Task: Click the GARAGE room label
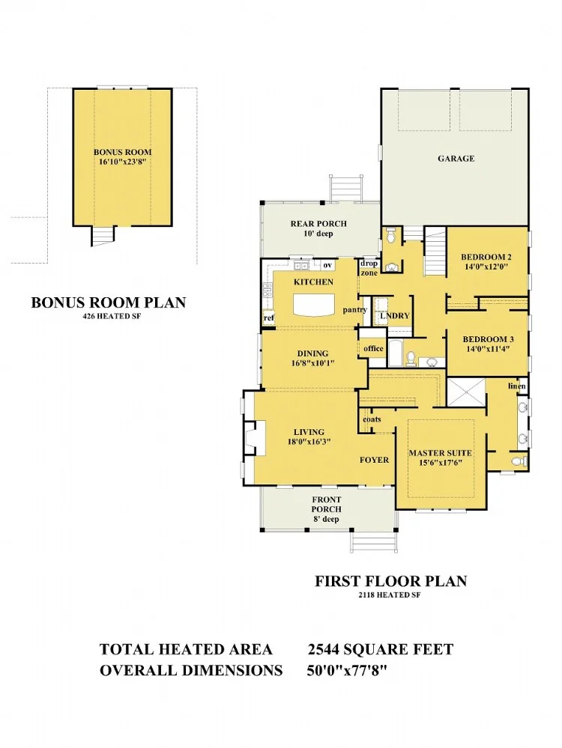point(456,159)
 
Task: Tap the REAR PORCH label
point(318,223)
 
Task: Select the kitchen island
point(314,305)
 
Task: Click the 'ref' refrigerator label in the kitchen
point(269,317)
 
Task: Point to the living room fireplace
point(254,437)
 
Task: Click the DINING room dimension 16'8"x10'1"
point(312,363)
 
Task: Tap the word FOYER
point(375,460)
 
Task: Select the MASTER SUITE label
point(440,453)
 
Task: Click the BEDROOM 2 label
point(486,257)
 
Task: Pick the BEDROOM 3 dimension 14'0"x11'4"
point(488,349)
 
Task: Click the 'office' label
point(373,348)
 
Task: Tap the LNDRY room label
point(395,316)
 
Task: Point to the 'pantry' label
point(354,310)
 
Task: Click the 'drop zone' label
point(369,268)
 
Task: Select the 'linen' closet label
point(516,386)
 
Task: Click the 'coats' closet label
point(372,419)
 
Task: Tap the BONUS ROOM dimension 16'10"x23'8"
point(122,162)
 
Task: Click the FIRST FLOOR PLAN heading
point(390,581)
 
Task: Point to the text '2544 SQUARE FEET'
point(381,649)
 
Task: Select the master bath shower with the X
point(466,392)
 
